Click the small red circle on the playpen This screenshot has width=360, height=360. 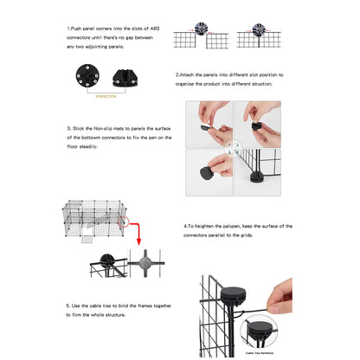pos(124,222)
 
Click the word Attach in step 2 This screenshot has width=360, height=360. pos(190,75)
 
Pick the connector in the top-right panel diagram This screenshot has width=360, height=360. pos(261,33)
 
